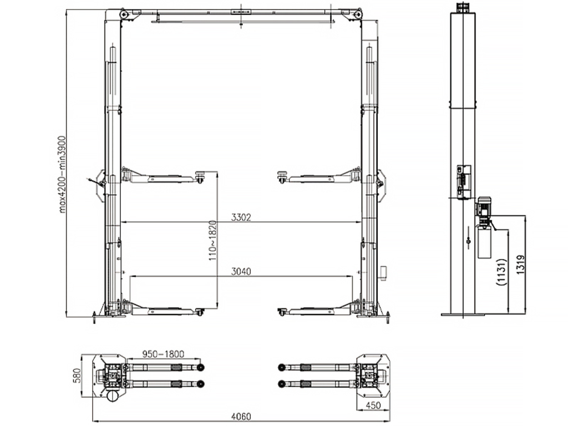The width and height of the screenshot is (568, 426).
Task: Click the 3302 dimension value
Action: point(241,217)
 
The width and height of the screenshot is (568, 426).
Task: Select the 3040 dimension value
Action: point(241,271)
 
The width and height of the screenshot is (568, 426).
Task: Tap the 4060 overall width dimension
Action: point(241,417)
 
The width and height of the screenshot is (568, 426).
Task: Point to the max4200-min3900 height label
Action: point(62,174)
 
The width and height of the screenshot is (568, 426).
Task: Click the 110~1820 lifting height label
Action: point(212,241)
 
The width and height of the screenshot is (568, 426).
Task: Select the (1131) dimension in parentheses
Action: point(501,272)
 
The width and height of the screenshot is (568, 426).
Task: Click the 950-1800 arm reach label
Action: point(163,353)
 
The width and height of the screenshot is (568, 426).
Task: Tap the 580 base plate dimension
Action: point(77,376)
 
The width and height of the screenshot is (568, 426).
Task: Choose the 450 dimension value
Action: point(373,405)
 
